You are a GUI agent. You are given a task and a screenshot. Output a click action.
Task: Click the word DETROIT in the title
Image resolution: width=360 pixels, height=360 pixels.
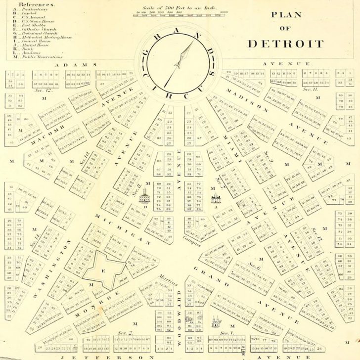pyautogui.click(x=285, y=44)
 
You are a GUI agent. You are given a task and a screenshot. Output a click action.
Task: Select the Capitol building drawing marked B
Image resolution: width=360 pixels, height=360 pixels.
pyautogui.click(x=145, y=198)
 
